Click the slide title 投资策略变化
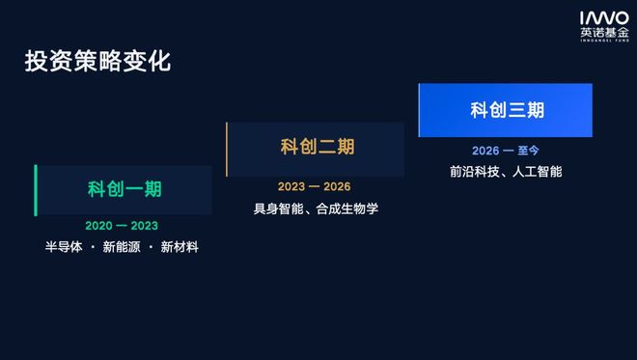(97, 62)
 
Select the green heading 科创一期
(125, 189)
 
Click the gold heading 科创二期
(318, 147)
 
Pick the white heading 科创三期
(507, 110)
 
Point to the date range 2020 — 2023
(122, 226)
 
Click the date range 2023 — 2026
(314, 186)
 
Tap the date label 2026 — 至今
(506, 151)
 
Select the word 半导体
(64, 247)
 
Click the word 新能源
(122, 247)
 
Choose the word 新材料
(180, 247)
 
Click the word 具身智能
(278, 208)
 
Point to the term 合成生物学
(347, 208)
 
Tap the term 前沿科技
(475, 172)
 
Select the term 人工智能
(537, 172)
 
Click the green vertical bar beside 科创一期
(36, 190)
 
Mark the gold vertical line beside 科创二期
(227, 150)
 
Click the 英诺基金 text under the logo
(604, 33)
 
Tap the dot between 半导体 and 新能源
(93, 247)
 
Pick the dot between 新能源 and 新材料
(151, 247)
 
